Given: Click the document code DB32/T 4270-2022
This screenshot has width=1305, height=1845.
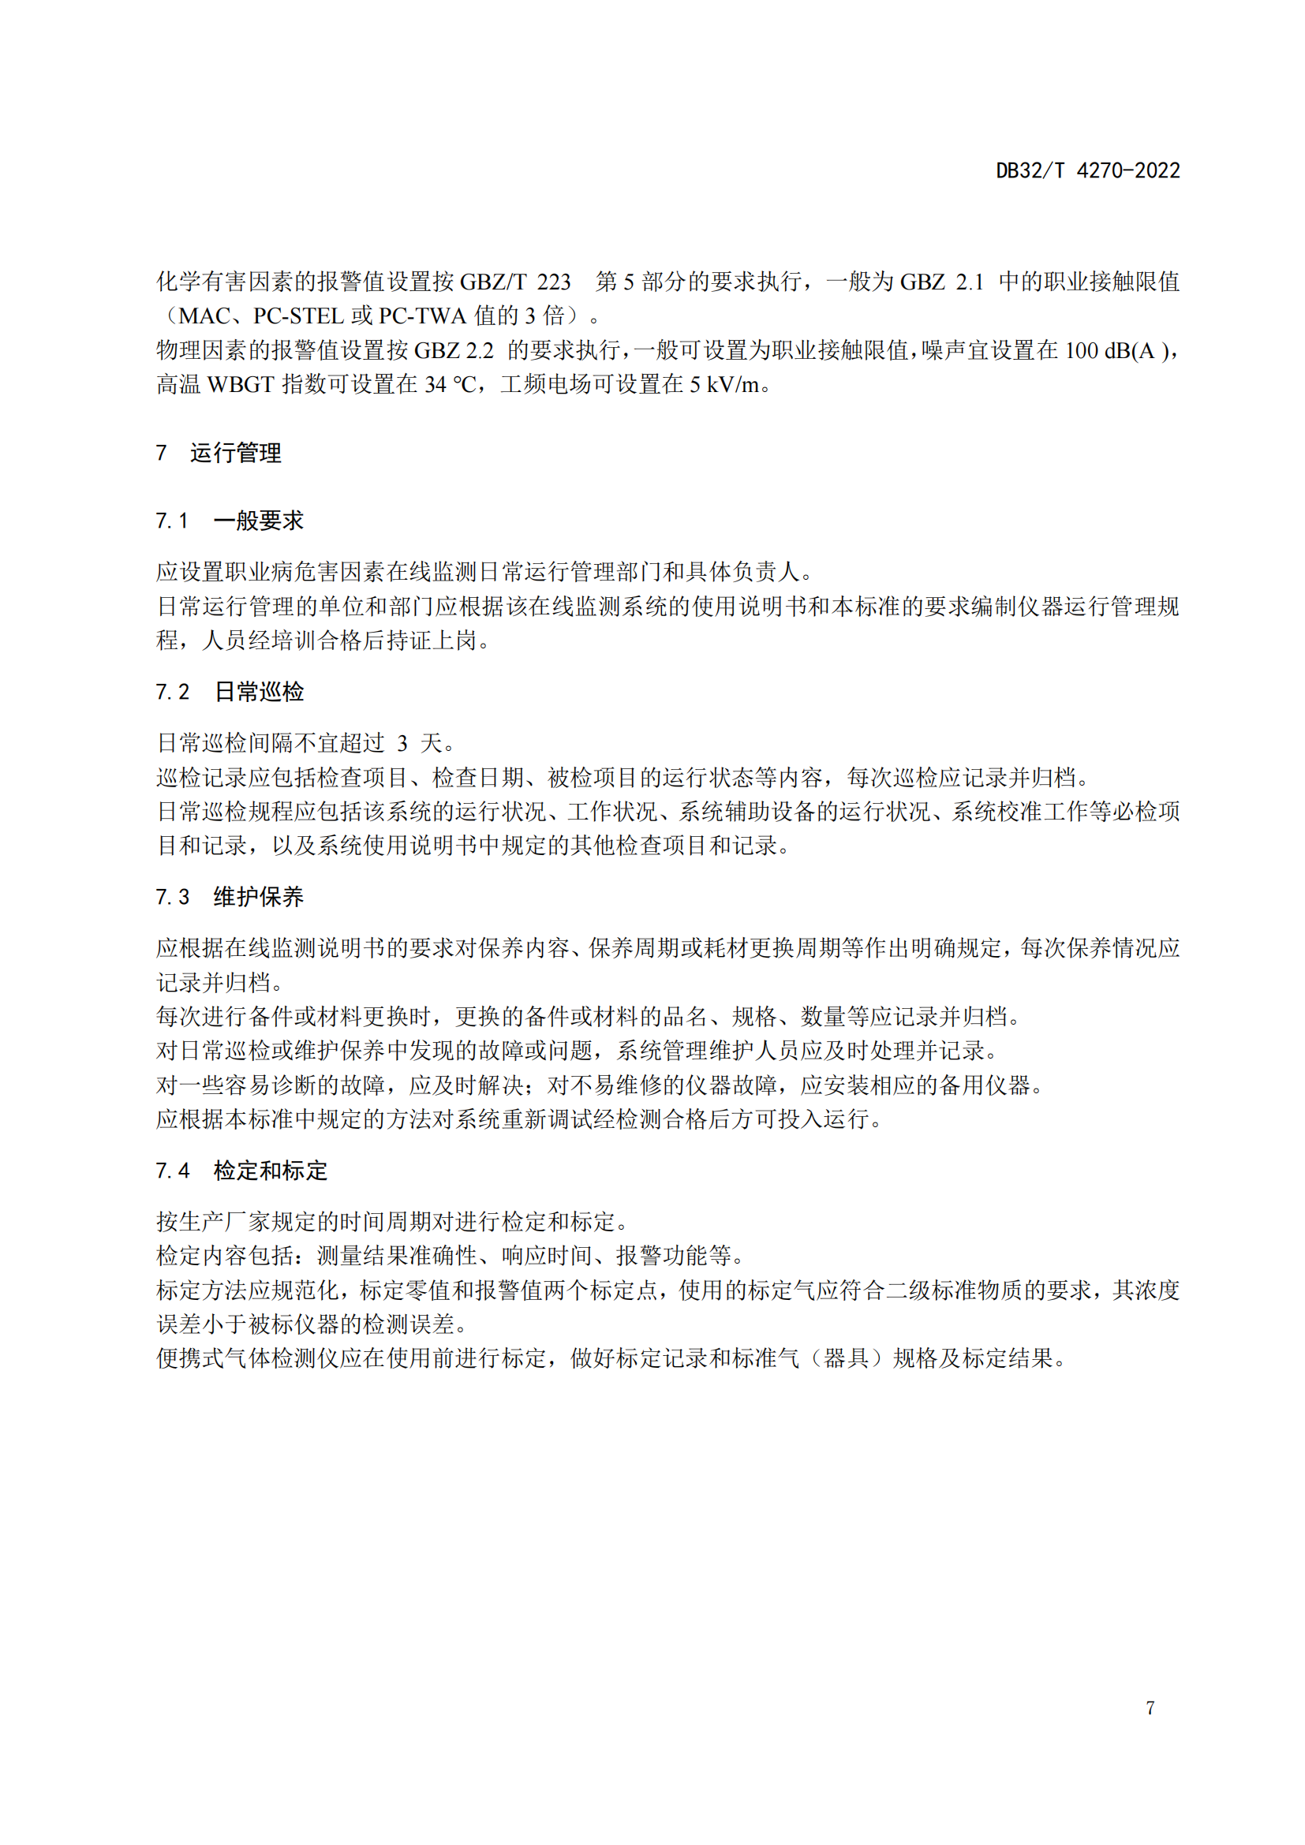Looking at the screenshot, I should [1087, 170].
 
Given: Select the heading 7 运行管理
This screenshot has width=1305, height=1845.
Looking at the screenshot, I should [219, 454].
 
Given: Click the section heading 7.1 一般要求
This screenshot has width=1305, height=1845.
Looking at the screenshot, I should [230, 521].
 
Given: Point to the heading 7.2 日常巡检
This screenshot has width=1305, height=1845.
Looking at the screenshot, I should [230, 692].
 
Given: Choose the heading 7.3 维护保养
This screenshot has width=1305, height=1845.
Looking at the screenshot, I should [230, 897].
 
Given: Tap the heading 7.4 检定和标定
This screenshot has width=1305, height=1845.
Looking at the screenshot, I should [241, 1171].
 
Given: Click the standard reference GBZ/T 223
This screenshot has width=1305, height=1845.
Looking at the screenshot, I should [514, 282].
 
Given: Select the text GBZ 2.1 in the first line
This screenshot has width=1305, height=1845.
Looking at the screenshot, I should [941, 282].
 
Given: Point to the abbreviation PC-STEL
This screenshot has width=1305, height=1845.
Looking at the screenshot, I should [299, 316].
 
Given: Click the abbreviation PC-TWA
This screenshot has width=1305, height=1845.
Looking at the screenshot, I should [422, 316].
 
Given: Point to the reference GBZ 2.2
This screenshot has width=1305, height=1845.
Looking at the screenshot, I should [454, 351].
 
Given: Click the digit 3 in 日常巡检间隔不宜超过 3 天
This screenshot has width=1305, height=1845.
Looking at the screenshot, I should [402, 743].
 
